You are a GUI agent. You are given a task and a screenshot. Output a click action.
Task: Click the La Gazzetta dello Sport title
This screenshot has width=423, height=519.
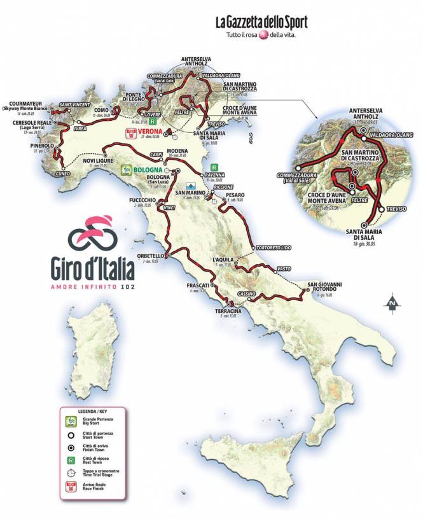tap(261, 23)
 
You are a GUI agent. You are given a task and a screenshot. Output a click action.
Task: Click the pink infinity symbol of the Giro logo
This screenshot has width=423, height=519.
tap(94, 236)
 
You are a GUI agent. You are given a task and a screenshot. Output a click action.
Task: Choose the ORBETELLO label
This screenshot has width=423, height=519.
tap(146, 256)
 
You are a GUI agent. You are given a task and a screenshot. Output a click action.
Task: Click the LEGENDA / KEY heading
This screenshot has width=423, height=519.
tap(93, 412)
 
